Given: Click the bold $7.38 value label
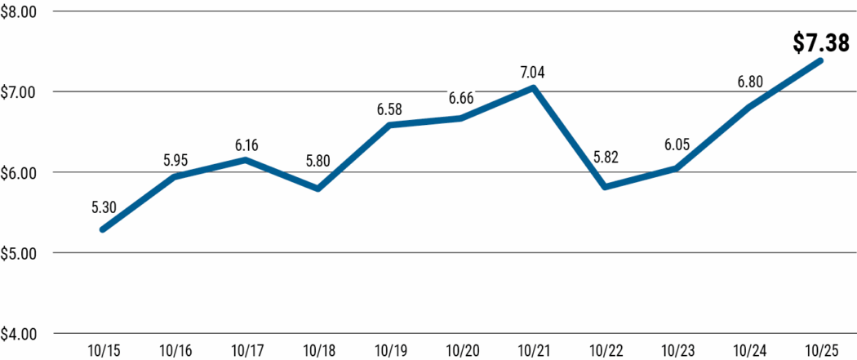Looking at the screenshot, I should click(x=820, y=42).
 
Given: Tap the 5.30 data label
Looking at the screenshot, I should click(x=103, y=207).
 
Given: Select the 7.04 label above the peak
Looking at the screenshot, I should click(x=532, y=72).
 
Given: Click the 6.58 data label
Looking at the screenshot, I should click(x=389, y=109).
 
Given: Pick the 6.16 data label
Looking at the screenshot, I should click(x=246, y=144).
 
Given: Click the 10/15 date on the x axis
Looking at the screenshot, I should click(x=103, y=349).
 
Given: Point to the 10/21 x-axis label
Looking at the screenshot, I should click(x=532, y=349).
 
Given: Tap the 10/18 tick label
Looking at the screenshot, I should click(x=318, y=349).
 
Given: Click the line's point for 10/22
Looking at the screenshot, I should click(x=604, y=187).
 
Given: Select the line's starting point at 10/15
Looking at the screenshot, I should click(x=103, y=229).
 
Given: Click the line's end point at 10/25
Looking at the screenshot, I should click(x=819, y=60).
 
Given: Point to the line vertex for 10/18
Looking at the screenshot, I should click(x=318, y=189).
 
